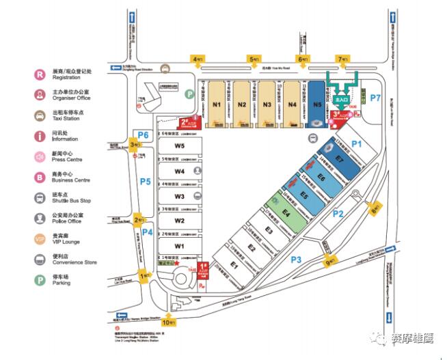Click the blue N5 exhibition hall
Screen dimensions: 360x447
coord(316,105)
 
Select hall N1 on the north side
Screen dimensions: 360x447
coord(217,105)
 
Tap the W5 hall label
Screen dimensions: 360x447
coord(179,146)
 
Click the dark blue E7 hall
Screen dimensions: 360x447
coord(338,158)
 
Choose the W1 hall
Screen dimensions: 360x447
coord(179,245)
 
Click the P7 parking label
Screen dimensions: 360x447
coord(375,98)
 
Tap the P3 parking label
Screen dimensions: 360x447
coord(296,260)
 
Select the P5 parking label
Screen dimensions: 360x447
coord(145,182)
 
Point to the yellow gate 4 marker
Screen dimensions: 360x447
coord(198,59)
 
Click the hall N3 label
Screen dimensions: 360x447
coord(267,105)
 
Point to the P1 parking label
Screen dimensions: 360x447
coord(355,144)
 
